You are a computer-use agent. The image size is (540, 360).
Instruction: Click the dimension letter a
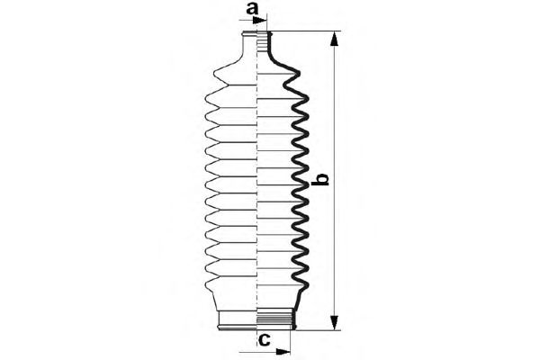[x=252, y=8]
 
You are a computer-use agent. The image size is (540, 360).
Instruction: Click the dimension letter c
[x=264, y=340]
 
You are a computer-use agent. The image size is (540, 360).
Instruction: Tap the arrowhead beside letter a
[x=260, y=21]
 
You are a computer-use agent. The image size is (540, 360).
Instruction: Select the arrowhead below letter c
[x=283, y=352]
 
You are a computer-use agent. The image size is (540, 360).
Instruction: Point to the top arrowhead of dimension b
[x=333, y=39]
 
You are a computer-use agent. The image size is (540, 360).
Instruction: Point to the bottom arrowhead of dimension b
[x=333, y=323]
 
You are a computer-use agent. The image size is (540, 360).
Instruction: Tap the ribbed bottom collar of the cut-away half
[x=276, y=319]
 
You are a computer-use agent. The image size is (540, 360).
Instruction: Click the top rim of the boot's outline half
[x=249, y=34]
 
